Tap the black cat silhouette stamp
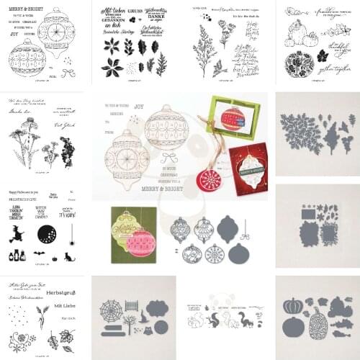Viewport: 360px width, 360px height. [70, 256]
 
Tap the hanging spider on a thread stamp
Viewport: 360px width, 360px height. [73, 213]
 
